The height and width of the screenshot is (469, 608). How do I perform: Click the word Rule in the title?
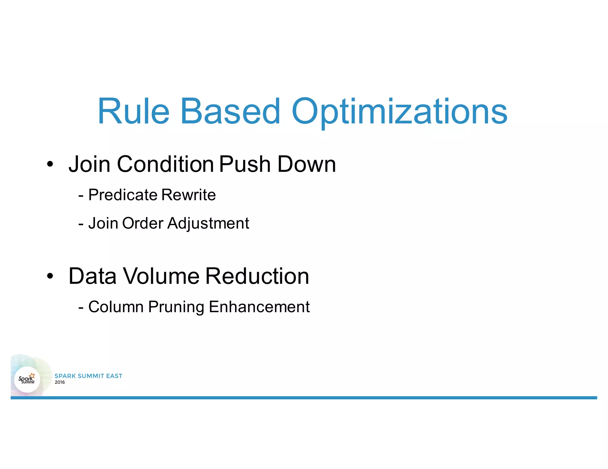pyautogui.click(x=134, y=111)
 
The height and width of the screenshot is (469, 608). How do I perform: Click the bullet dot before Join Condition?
pyautogui.click(x=50, y=164)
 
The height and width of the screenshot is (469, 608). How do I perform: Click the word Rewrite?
pyautogui.click(x=189, y=195)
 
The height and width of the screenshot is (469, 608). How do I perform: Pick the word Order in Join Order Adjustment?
pyautogui.click(x=142, y=223)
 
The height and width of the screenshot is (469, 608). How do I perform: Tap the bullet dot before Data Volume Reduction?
pyautogui.click(x=50, y=276)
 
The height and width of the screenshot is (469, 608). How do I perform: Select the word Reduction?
pyautogui.click(x=257, y=276)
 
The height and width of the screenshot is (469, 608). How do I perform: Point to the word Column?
pyautogui.click(x=116, y=307)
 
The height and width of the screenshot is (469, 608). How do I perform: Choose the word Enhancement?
pyautogui.click(x=259, y=307)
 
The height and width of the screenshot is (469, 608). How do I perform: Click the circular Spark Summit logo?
pyautogui.click(x=27, y=379)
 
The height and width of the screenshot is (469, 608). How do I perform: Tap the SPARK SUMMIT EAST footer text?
pyautogui.click(x=88, y=376)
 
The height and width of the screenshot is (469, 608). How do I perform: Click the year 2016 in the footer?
pyautogui.click(x=60, y=382)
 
